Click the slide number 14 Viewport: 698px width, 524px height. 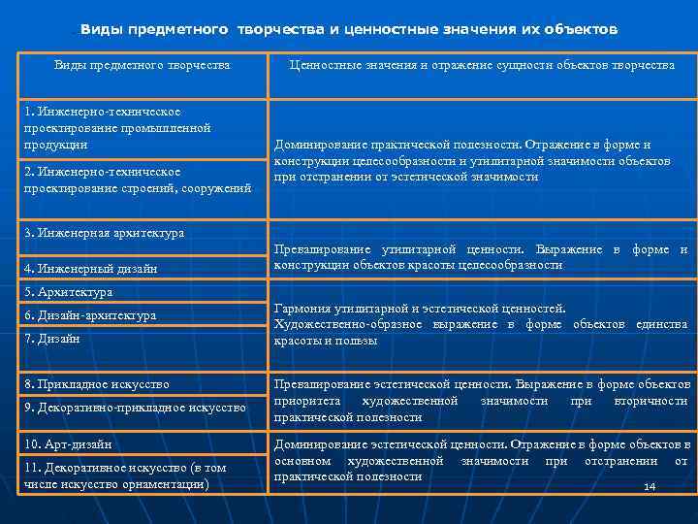[x=650, y=486]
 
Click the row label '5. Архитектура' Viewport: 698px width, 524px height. [x=69, y=292]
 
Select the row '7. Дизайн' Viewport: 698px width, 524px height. [x=53, y=339]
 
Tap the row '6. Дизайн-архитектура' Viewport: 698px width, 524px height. [x=90, y=315]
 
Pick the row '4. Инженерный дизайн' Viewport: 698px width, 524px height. [x=90, y=268]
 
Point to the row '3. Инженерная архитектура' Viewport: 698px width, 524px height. [x=105, y=233]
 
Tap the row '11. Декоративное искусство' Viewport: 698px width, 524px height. [x=125, y=475]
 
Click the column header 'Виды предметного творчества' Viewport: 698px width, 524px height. [x=142, y=65]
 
